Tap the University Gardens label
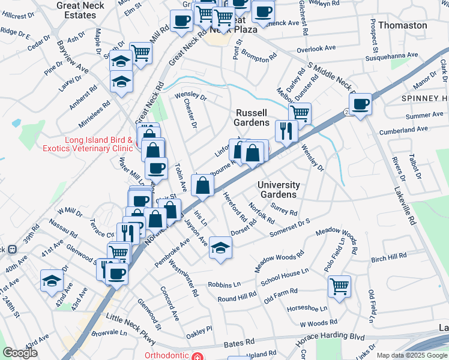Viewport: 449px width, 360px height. (x=279, y=190)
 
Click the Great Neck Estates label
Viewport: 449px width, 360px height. (x=80, y=10)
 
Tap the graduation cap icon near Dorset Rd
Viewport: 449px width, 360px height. (x=220, y=247)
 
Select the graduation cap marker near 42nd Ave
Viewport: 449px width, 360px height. (x=52, y=280)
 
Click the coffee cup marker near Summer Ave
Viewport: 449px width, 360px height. (x=360, y=104)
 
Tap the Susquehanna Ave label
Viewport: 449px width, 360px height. (x=391, y=55)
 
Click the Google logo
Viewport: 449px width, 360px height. (x=20, y=353)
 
